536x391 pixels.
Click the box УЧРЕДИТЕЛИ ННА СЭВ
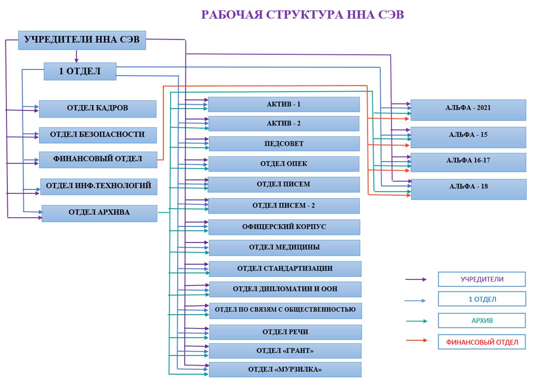coord(82,40)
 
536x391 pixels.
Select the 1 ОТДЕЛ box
coord(80,71)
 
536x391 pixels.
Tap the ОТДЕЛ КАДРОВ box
coord(97,109)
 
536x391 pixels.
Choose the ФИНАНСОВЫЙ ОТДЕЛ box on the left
coord(98,159)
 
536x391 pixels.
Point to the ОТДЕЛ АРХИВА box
coord(99,213)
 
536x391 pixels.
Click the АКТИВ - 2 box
coord(284,124)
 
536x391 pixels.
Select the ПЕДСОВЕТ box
coord(284,144)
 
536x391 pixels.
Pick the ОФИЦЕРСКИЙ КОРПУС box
coord(284,227)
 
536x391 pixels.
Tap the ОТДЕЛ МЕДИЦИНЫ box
coord(284,247)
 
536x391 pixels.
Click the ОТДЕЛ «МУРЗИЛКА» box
coord(285,370)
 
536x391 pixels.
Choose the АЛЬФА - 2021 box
coord(468,110)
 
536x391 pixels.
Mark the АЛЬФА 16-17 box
coord(468,162)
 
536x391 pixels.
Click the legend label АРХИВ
coord(482,321)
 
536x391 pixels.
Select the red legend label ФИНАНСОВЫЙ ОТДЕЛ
coord(482,342)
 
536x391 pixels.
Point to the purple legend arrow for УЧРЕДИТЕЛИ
coord(416,279)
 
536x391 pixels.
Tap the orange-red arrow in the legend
coord(417,340)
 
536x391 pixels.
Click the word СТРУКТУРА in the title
coord(304,15)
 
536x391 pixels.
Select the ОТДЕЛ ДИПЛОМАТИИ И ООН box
coord(285,289)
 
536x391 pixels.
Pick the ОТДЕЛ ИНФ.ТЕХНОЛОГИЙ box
coord(99,186)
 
